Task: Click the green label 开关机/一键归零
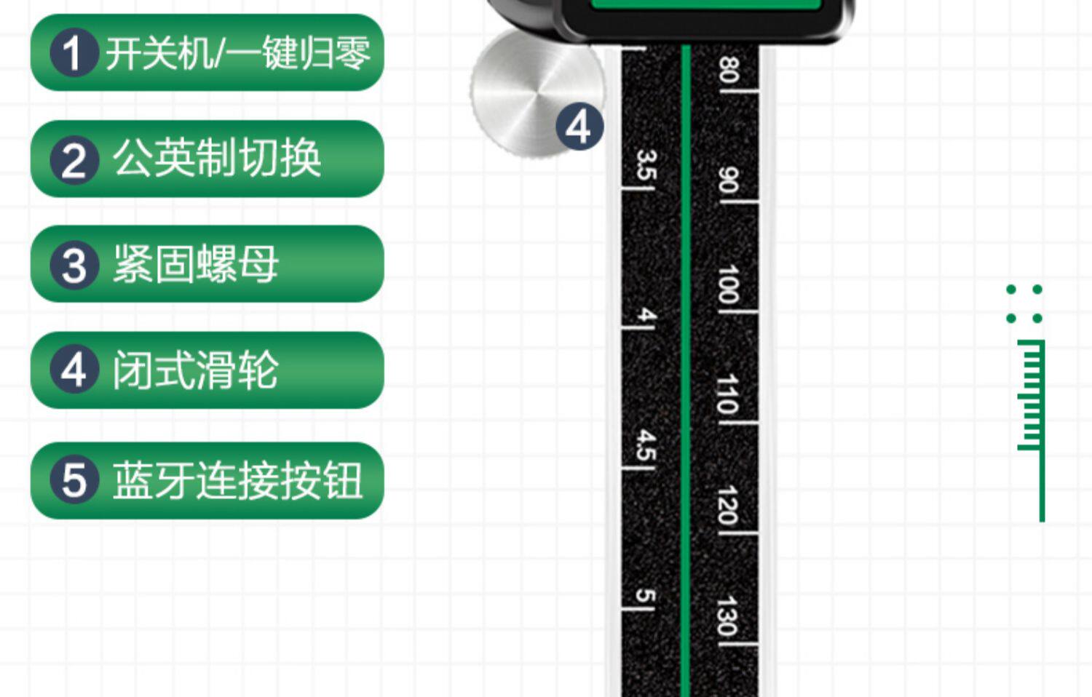[x=207, y=53]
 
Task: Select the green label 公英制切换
[x=207, y=159]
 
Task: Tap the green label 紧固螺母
[x=207, y=264]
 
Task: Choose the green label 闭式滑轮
[x=207, y=370]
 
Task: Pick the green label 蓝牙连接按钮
[x=207, y=480]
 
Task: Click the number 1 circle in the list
[x=74, y=53]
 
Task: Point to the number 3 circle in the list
[x=74, y=265]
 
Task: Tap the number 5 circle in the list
[x=74, y=480]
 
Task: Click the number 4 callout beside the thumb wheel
[x=579, y=127]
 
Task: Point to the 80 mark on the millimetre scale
[x=728, y=71]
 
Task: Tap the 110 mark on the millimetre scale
[x=728, y=394]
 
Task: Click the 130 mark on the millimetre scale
[x=728, y=616]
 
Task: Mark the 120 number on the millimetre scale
[x=728, y=505]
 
